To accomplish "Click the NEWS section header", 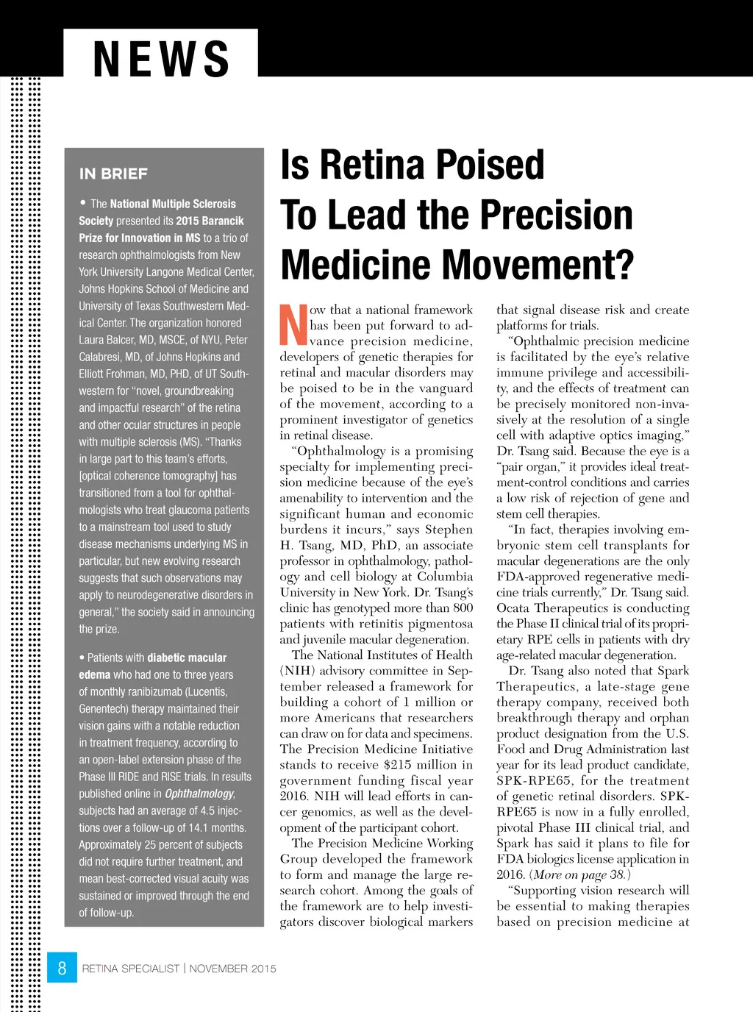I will click(161, 59).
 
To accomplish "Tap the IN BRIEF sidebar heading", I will click(113, 174).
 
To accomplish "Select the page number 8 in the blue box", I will click(62, 968).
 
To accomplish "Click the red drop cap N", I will click(293, 325).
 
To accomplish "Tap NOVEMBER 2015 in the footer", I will click(233, 969).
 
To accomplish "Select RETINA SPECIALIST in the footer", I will click(130, 969).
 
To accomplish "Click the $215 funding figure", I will click(398, 765).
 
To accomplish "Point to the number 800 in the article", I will click(463, 608).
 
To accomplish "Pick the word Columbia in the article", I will click(445, 577).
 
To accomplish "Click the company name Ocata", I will click(513, 608).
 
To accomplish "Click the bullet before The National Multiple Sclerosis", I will click(83, 202).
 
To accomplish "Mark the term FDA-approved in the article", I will click(536, 577).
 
